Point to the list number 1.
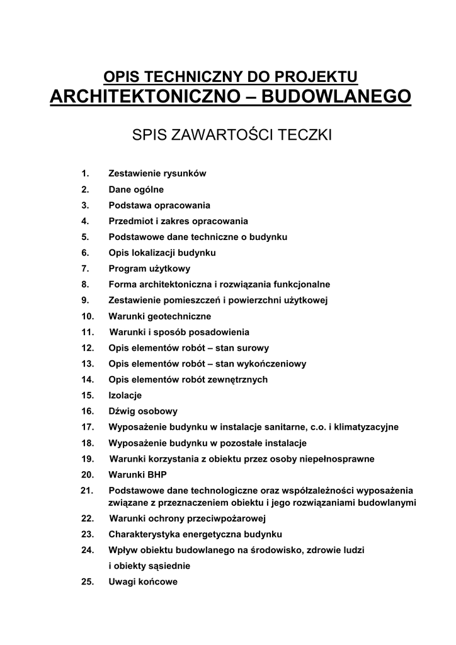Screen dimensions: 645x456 [x=85, y=173]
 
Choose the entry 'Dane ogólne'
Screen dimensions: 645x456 [x=136, y=189]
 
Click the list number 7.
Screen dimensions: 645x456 [x=85, y=268]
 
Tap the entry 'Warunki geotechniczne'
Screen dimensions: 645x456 [x=160, y=316]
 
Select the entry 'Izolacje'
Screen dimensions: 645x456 [x=125, y=396]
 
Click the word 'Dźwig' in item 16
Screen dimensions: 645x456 [x=122, y=411]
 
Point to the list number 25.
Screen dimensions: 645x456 [x=88, y=581]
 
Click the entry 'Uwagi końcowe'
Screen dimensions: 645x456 [x=143, y=581]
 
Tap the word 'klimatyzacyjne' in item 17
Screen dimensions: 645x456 [x=367, y=427]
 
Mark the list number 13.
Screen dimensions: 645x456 [x=88, y=363]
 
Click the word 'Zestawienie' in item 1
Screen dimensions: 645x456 [x=134, y=173]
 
